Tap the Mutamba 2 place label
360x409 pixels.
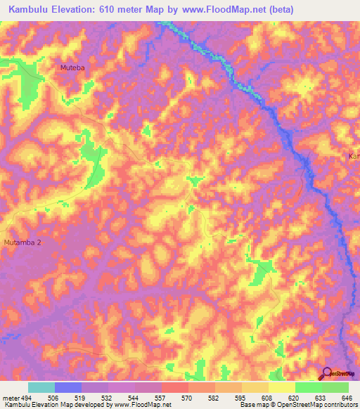(x=22, y=242)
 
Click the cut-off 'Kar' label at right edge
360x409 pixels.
(x=354, y=156)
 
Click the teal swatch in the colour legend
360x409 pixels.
(x=41, y=387)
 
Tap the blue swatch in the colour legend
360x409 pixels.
(x=67, y=387)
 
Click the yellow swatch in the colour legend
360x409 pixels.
(x=281, y=387)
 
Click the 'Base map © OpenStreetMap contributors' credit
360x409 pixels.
(x=298, y=405)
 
